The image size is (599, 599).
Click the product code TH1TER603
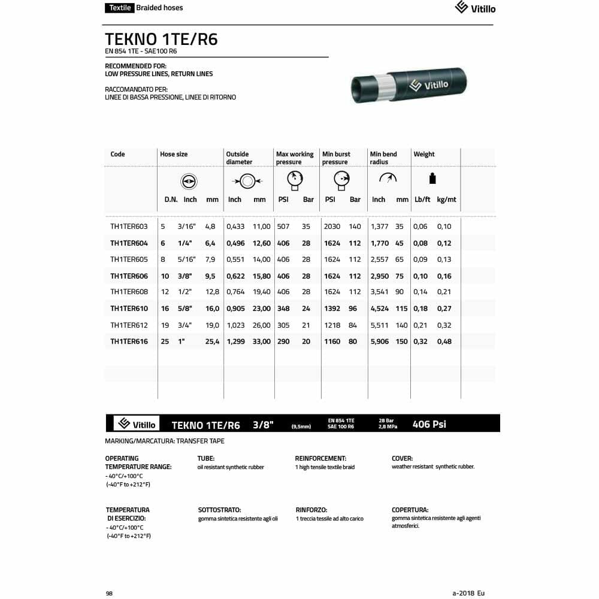coord(129,226)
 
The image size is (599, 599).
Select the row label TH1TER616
coord(129,341)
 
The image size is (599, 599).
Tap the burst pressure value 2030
coord(331,226)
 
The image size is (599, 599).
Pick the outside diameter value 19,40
coord(262,292)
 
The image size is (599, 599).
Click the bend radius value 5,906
coord(380,341)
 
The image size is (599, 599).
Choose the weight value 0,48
coord(444,341)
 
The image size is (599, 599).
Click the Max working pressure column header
coord(294,158)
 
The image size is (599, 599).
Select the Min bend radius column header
coord(384,158)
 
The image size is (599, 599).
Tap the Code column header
coord(118,155)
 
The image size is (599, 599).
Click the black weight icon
coord(432,179)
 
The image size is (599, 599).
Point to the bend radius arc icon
coord(388,178)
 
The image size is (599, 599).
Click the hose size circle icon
coord(189,181)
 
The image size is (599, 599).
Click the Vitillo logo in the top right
coord(475,8)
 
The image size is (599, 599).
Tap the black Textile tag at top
coord(119,8)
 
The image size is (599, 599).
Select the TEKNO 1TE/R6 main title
coord(161,40)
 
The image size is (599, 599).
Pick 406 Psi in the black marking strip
coord(429,424)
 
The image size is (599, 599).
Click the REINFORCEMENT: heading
coord(320,458)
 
